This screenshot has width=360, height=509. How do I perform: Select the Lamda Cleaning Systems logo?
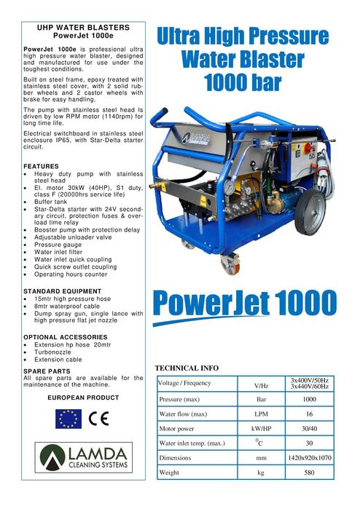tap(83, 457)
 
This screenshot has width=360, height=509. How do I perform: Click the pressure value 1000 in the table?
tap(309, 399)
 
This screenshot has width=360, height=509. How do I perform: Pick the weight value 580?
tap(309, 472)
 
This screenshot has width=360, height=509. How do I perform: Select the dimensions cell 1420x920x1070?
tap(309, 458)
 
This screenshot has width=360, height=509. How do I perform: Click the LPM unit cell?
tap(260, 414)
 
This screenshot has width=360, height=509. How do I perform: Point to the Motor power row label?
tap(178, 429)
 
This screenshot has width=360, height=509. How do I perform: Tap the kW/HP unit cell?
tap(260, 429)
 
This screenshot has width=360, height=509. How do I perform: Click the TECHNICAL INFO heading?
tap(187, 368)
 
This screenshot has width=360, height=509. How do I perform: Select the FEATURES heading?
tap(42, 166)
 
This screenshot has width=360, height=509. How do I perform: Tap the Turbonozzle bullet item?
tap(55, 352)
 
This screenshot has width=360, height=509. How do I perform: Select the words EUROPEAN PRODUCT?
tap(82, 398)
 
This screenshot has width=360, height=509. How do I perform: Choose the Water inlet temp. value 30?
tap(309, 443)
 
